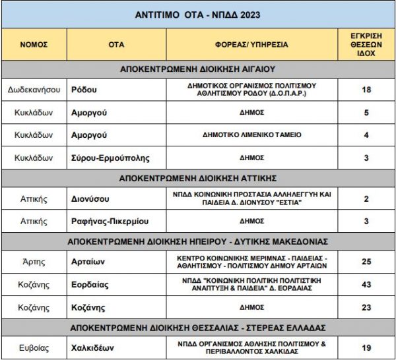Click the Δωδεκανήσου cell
[x=34, y=90]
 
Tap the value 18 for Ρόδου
[x=366, y=90]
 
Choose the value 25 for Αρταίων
[x=366, y=262]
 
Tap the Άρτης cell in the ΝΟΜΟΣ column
[x=34, y=262]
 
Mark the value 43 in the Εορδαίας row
[x=366, y=285]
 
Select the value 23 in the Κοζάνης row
[x=366, y=307]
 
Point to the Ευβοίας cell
[x=34, y=347]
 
